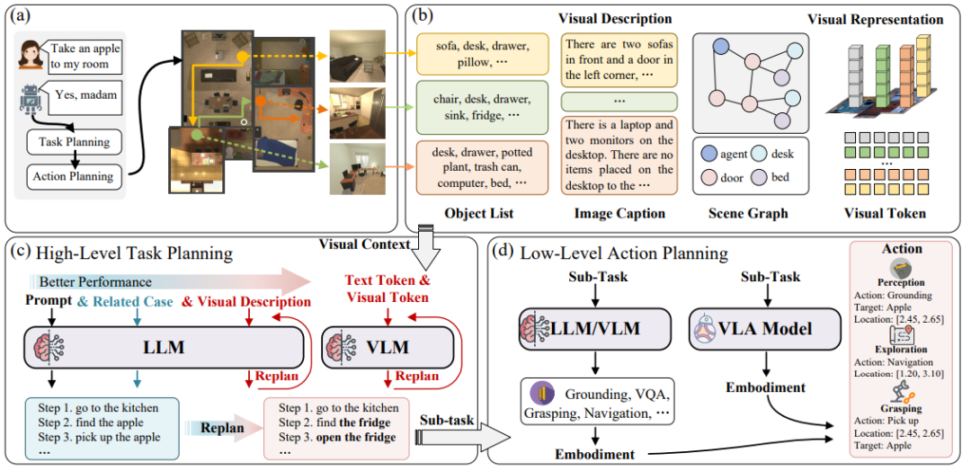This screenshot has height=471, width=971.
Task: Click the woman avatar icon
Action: coord(31,54)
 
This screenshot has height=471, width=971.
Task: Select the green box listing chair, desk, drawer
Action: coord(483,108)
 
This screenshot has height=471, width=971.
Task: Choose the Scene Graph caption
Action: coord(748,214)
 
